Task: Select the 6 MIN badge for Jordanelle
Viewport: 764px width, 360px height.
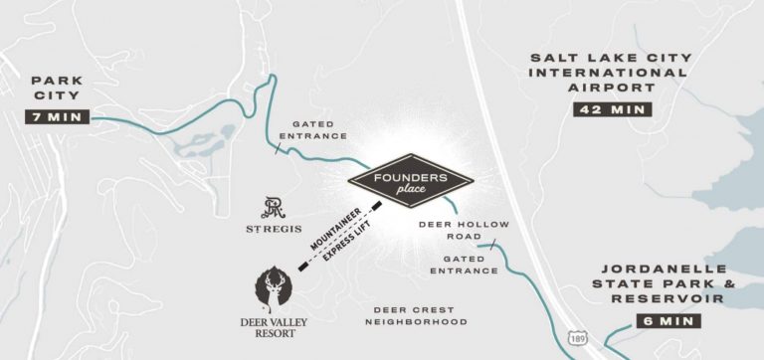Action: (x=668, y=321)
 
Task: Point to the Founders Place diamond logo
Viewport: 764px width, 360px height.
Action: (x=410, y=180)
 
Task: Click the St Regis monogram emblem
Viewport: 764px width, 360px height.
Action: (x=274, y=208)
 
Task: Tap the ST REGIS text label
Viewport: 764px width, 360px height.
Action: (x=275, y=230)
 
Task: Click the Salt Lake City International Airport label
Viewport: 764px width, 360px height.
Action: (x=609, y=73)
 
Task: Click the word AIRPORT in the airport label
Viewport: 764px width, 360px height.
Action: (x=609, y=87)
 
